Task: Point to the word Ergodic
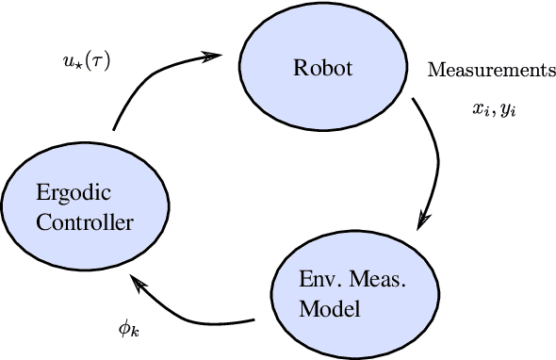pyautogui.click(x=74, y=194)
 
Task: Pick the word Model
pyautogui.click(x=322, y=308)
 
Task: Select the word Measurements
pyautogui.click(x=486, y=70)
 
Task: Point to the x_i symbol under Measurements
pyautogui.click(x=480, y=109)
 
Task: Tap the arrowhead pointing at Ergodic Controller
pyautogui.click(x=138, y=280)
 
